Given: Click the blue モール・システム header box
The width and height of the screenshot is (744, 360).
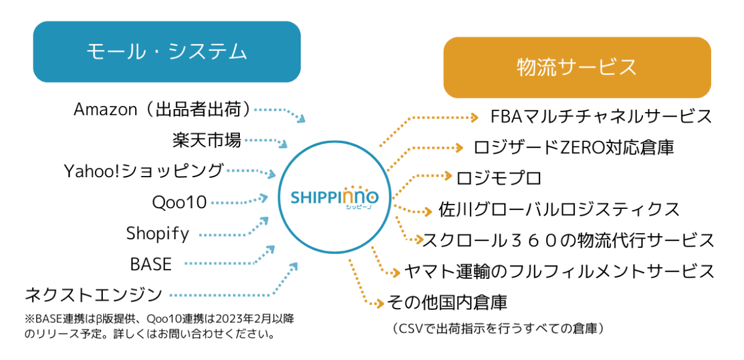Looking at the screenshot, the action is point(167,52).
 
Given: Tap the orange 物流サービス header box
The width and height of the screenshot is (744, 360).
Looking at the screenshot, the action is point(577,68).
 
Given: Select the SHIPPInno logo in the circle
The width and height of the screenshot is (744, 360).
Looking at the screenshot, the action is point(334,198).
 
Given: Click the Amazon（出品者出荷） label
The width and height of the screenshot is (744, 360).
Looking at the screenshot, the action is point(162,109).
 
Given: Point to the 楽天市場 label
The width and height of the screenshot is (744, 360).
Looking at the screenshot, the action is point(206,140).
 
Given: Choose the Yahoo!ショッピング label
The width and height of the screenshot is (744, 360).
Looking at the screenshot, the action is point(143,171).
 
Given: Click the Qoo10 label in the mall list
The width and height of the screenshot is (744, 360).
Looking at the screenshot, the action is point(179,202).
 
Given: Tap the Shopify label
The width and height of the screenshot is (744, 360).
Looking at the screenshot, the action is point(157,233).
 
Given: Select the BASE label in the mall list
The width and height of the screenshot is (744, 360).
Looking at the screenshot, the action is point(151,264).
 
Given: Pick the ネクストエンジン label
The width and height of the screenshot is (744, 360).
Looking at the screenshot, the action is point(94,295).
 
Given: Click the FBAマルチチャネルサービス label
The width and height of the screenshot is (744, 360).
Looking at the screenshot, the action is point(601,116).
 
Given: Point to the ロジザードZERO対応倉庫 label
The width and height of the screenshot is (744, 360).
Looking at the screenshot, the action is point(573,147).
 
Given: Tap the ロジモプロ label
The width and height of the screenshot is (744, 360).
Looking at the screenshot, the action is point(499,178).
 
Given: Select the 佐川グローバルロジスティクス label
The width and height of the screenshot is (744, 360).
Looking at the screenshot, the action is point(559,209).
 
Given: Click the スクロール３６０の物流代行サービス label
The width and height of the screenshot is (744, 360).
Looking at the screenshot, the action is point(569,240).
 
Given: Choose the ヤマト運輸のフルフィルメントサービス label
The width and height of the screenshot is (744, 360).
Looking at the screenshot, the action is point(559,271).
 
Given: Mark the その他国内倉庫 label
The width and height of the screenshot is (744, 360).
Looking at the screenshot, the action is point(447,302).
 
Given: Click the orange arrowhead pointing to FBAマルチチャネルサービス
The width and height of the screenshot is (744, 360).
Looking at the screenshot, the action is point(474,117).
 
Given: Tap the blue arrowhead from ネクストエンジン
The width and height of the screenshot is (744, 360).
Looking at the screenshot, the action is point(293,266).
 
